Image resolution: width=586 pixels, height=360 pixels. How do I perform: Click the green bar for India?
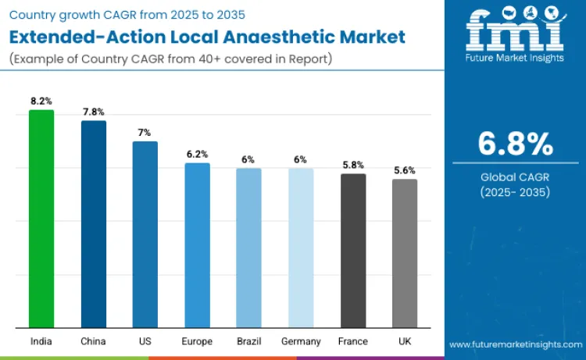(x=41, y=219)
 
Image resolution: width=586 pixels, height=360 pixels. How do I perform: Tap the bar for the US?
(x=145, y=234)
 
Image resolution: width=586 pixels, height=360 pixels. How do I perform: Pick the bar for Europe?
(x=197, y=245)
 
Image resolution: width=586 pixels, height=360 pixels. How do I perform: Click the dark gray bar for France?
(x=353, y=251)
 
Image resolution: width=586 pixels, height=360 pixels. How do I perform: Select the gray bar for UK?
(x=405, y=253)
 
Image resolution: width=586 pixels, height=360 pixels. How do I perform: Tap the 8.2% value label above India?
(x=41, y=102)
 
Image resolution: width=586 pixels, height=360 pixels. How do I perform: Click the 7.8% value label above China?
(x=94, y=112)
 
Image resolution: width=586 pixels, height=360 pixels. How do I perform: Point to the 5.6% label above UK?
(x=405, y=170)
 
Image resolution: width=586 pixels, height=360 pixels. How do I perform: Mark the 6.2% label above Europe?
(x=197, y=154)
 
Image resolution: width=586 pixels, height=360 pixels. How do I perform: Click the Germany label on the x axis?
(x=301, y=341)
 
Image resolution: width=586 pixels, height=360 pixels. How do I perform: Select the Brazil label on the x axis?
(x=248, y=341)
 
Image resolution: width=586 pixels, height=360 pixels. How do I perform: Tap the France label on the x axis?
(x=353, y=341)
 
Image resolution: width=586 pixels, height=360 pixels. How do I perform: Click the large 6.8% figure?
(x=515, y=144)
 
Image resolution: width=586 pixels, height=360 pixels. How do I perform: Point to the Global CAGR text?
(x=515, y=177)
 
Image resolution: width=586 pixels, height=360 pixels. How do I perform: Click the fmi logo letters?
(x=515, y=32)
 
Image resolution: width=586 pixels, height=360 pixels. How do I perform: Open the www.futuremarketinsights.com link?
(x=516, y=344)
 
